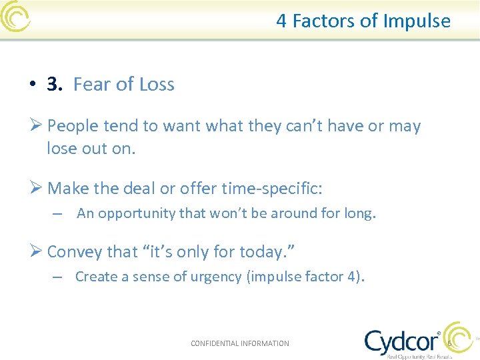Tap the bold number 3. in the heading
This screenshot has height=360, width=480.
pos(55,85)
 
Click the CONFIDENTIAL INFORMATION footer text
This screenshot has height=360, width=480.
pos(240,343)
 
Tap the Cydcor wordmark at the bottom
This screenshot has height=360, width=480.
pos(401,341)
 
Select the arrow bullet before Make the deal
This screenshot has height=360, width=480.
pos(37,189)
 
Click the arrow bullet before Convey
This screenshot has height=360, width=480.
pos(37,252)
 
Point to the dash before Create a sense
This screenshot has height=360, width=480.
pos(58,277)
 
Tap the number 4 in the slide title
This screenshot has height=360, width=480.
pos(281,21)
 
